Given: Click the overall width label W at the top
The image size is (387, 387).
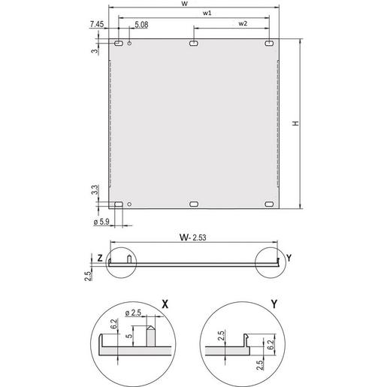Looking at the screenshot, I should pyautogui.click(x=195, y=4).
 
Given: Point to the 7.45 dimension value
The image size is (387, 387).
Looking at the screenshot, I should pyautogui.click(x=95, y=26).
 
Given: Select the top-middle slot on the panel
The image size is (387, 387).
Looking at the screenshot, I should pyautogui.click(x=194, y=46).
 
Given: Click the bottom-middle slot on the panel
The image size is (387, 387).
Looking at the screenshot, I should pyautogui.click(x=194, y=204).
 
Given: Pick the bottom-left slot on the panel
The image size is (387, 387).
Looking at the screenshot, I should pyautogui.click(x=118, y=204).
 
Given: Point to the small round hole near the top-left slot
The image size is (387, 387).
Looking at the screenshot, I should pyautogui.click(x=131, y=45).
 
